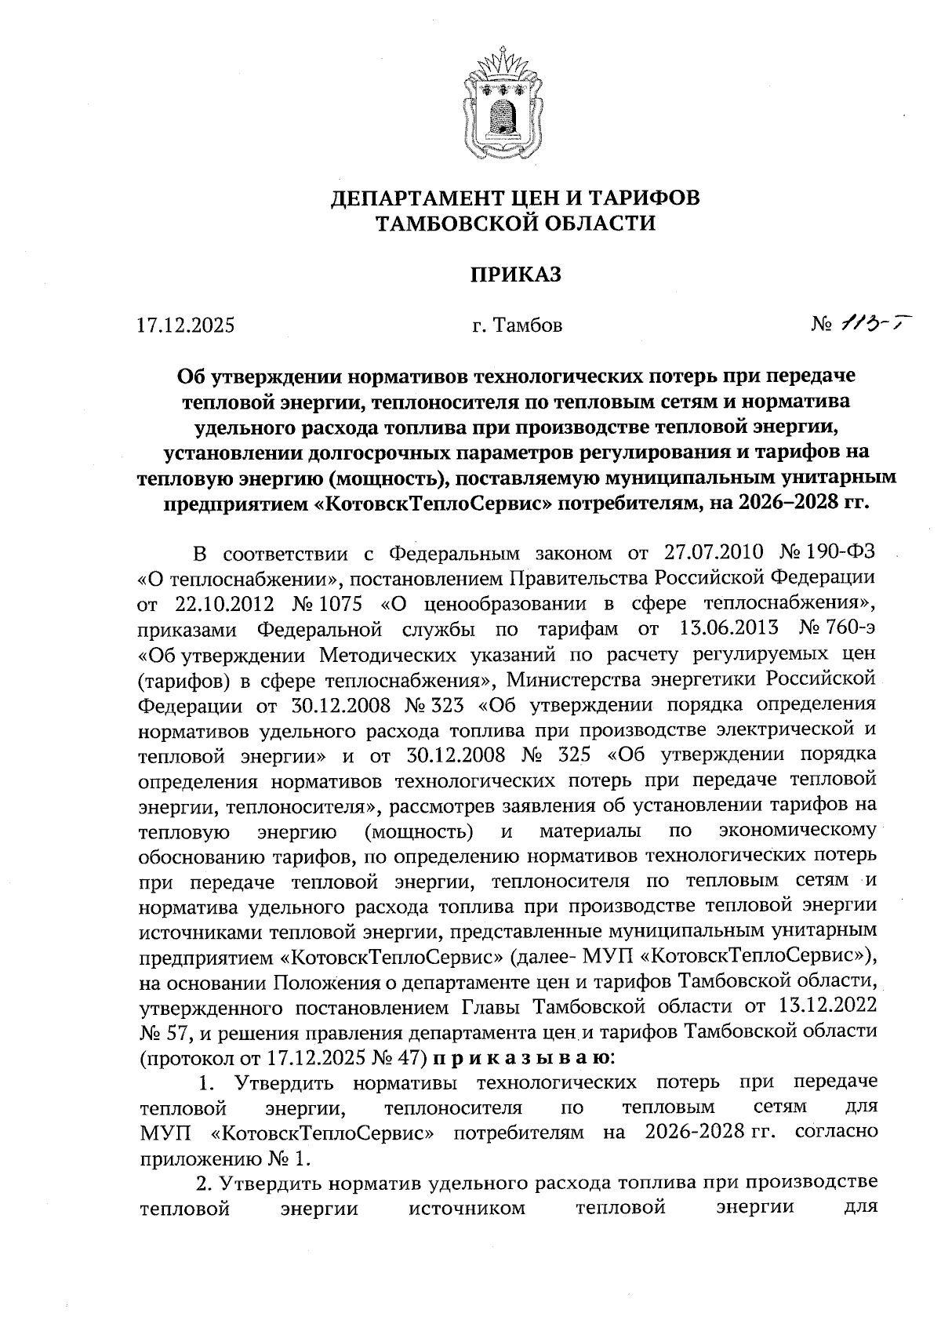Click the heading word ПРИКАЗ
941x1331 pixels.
pyautogui.click(x=516, y=275)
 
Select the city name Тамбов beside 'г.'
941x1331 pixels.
pyautogui.click(x=528, y=325)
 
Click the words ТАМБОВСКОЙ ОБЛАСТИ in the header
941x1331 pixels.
pyautogui.click(x=515, y=224)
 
